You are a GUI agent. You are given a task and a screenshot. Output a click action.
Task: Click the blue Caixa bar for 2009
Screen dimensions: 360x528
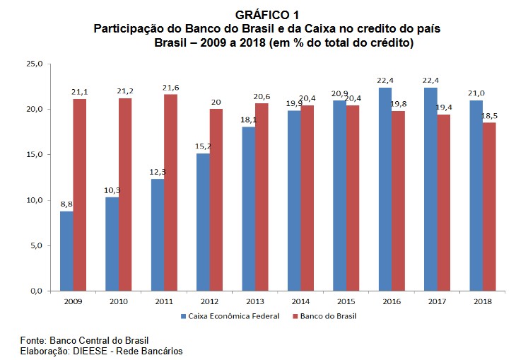[66, 250]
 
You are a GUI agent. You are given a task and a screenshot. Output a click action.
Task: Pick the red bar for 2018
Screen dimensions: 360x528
[488, 207]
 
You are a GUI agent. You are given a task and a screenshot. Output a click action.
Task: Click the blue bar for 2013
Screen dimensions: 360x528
[249, 209]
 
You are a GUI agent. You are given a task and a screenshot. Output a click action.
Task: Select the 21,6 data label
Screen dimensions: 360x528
[170, 87]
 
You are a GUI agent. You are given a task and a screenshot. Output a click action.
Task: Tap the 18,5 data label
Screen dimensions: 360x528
[489, 115]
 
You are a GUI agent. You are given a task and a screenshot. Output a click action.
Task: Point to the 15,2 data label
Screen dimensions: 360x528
[203, 146]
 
